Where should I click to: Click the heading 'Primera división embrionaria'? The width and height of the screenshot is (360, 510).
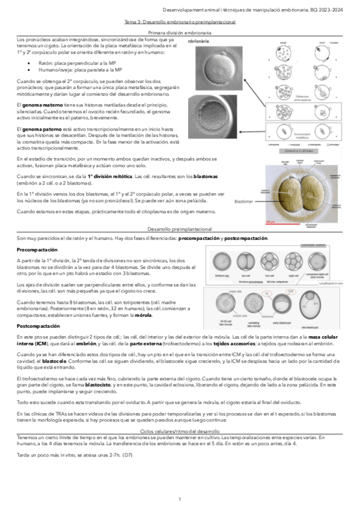(x=179, y=31)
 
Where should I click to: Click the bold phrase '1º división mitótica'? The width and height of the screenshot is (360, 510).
(x=109, y=176)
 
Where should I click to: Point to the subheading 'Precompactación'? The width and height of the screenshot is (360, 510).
(x=37, y=249)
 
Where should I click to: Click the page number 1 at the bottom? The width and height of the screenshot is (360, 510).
(x=180, y=500)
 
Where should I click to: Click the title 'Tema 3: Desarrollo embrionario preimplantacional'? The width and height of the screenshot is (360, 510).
(x=179, y=21)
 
